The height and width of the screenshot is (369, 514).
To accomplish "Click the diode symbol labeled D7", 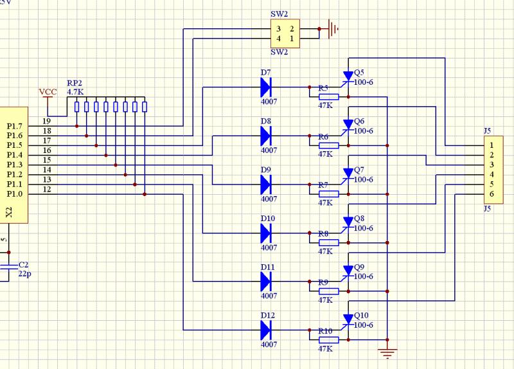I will coord(266,87).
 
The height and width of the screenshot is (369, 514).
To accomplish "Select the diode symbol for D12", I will coord(266,330).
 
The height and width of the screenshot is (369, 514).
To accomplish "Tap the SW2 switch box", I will coord(285,34).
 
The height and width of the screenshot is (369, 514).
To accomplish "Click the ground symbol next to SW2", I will coord(332,29).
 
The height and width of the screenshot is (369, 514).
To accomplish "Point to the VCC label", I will coord(48,92).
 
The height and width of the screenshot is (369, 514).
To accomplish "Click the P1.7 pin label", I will coord(14,126).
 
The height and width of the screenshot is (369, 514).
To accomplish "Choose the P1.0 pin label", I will coord(14,194).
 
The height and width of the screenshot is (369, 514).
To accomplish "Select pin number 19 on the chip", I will coord(47,122).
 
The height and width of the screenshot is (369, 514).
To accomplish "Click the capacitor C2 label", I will coord(23,265).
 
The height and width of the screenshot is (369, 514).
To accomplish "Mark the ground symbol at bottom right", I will coord(387,352).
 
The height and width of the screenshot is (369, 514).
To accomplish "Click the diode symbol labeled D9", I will coord(266,184).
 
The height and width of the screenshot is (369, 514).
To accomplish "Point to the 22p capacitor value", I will coord(25,274).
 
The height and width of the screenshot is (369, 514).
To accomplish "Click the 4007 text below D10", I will coord(269,248).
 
